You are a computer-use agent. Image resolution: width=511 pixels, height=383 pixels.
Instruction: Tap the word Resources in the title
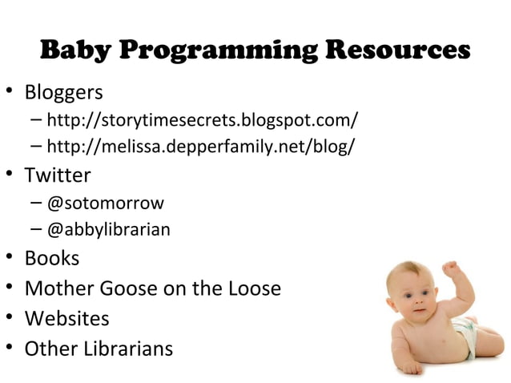click(397, 50)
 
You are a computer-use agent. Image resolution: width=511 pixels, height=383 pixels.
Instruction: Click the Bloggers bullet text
click(63, 92)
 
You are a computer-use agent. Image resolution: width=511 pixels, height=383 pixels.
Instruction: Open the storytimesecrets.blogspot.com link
click(202, 121)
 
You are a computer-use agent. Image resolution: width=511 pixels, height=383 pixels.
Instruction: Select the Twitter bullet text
click(58, 175)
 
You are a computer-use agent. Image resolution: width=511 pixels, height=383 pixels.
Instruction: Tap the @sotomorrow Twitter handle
click(105, 203)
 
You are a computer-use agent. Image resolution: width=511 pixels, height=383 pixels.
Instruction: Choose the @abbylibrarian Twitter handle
click(108, 230)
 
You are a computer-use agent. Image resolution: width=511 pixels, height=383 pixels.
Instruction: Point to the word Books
click(52, 258)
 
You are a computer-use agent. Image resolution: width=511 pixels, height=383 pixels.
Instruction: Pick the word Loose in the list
click(253, 288)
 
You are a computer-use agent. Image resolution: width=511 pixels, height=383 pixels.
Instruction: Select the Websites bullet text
click(66, 318)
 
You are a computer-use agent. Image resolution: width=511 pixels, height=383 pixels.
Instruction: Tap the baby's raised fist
click(452, 268)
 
